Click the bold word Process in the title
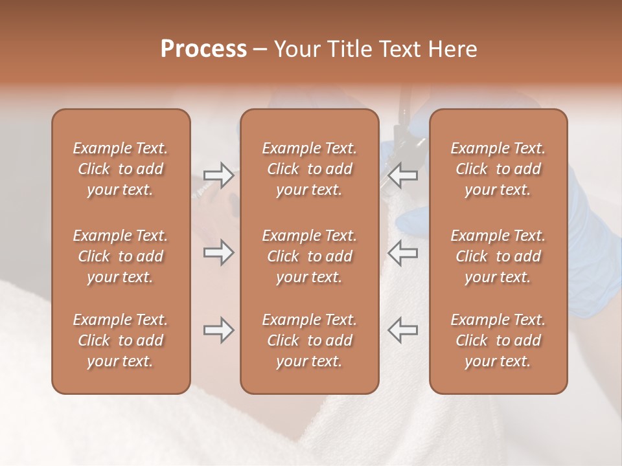[203, 49]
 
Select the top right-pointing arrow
[218, 175]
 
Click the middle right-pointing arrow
[218, 252]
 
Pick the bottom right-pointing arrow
[218, 330]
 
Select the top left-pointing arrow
[402, 175]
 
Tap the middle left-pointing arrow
[402, 252]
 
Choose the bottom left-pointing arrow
[402, 330]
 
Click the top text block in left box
[121, 169]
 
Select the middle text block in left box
[121, 256]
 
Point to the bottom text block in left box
[121, 340]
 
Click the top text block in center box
[309, 169]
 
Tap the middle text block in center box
[309, 256]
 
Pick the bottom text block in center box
[309, 340]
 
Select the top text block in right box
[498, 169]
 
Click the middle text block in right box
[498, 256]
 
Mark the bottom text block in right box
[498, 340]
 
